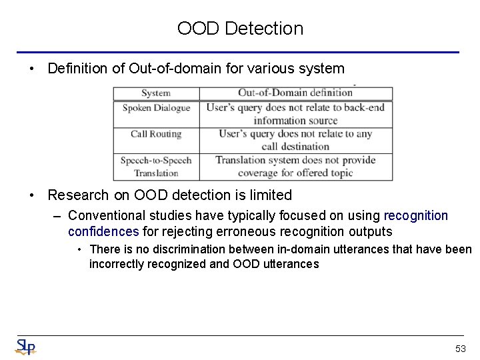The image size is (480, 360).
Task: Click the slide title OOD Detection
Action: point(240,29)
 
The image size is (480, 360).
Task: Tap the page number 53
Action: point(460,349)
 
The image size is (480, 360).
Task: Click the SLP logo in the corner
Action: point(25,347)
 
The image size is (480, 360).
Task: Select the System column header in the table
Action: point(156,93)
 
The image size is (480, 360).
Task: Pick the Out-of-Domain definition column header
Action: point(295,93)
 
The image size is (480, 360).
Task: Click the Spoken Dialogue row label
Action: point(156,108)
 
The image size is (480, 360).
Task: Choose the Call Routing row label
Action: point(156,134)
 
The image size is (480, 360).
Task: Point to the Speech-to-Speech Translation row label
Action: point(156,167)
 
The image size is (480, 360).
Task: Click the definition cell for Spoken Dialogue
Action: point(295,114)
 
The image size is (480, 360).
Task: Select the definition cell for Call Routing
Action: point(295,140)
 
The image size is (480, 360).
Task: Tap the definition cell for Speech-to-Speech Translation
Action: point(295,167)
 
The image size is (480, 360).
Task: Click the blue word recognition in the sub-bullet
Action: point(417,216)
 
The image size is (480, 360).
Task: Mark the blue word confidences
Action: point(103,231)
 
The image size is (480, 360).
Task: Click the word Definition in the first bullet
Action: point(79,69)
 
